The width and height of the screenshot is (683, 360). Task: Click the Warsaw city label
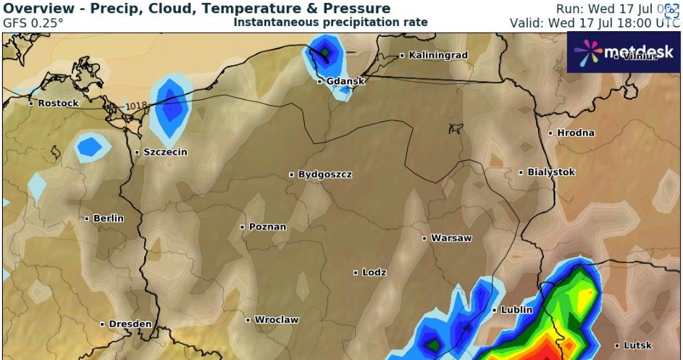point(451,238)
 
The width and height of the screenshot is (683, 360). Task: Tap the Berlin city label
point(108,218)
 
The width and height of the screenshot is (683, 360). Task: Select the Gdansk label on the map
point(345,81)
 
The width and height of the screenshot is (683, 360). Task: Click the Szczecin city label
point(166,152)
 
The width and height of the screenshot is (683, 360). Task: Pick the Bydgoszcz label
point(324,175)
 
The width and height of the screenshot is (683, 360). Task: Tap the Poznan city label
point(267,227)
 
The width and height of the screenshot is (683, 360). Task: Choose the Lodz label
point(374,272)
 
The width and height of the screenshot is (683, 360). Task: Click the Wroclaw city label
point(276,319)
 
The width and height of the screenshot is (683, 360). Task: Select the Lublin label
point(517,310)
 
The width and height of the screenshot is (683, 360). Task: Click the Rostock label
point(58,104)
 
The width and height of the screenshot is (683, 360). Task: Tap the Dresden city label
point(130,324)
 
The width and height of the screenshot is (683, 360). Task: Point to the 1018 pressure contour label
point(135,106)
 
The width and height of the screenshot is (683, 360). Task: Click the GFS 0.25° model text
point(33,22)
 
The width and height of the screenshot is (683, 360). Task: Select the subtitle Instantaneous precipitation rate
point(330,22)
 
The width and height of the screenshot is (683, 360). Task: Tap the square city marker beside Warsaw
point(425,238)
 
